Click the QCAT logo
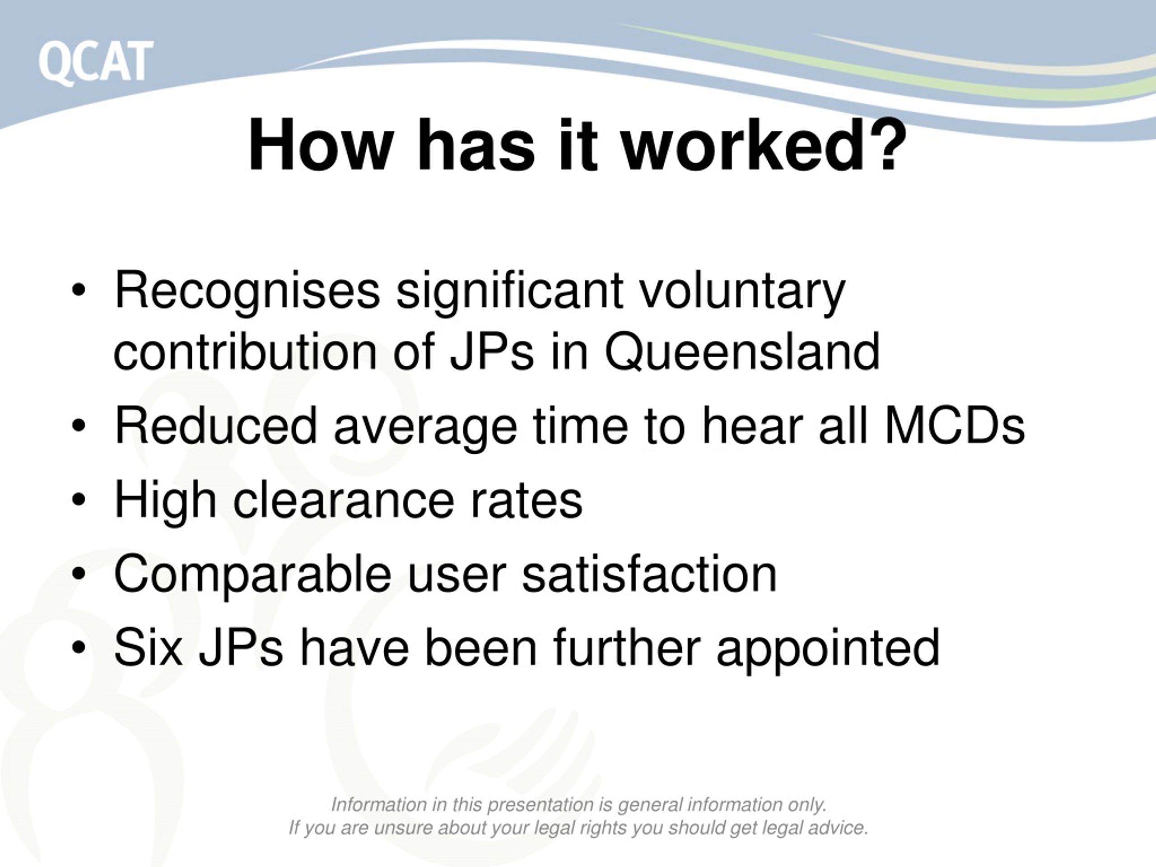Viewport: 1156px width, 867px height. tap(96, 62)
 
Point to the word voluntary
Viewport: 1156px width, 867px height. tap(742, 291)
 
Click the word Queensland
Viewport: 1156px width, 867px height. tap(742, 351)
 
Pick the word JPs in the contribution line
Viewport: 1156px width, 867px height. tap(491, 351)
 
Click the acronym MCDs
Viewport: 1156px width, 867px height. tap(954, 426)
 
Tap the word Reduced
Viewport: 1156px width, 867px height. tap(215, 426)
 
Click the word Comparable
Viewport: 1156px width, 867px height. tap(252, 574)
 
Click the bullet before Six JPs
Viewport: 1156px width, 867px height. tap(79, 648)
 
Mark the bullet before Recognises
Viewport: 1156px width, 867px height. tap(79, 291)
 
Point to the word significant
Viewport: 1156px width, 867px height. tap(509, 291)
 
